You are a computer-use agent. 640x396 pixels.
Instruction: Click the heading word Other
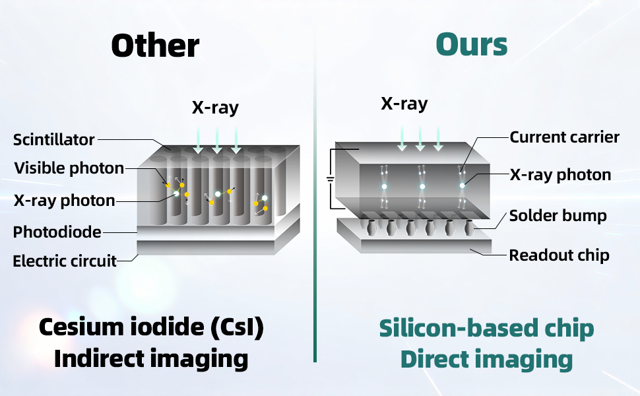click(x=155, y=46)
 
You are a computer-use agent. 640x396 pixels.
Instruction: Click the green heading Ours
click(x=472, y=44)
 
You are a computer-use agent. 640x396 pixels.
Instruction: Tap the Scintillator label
click(x=54, y=140)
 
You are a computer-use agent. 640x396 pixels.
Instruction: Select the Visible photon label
click(x=69, y=168)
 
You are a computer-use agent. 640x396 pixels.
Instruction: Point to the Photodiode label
click(x=57, y=232)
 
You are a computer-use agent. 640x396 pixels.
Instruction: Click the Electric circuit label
click(x=65, y=261)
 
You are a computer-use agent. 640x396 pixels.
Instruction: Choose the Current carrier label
click(x=565, y=137)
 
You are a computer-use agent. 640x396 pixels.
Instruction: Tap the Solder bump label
click(x=558, y=216)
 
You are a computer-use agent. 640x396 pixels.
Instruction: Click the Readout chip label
click(x=560, y=255)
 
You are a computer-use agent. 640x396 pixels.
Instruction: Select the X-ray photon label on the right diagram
click(x=560, y=175)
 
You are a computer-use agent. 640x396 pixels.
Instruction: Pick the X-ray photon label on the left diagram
click(x=65, y=201)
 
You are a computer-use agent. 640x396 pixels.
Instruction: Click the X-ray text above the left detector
click(x=216, y=108)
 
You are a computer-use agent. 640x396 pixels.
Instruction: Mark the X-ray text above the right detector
click(x=404, y=104)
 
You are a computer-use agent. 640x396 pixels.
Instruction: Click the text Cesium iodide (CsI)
click(x=152, y=327)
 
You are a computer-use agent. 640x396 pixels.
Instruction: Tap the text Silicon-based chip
click(x=486, y=328)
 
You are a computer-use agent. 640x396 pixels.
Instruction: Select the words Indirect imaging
click(x=151, y=359)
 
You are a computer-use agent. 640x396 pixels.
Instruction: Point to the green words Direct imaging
click(x=486, y=360)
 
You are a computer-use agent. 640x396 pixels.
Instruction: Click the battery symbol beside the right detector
click(x=331, y=179)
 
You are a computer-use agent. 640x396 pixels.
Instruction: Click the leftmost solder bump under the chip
click(x=371, y=228)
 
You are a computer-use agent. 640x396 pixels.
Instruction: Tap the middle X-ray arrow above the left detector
click(x=216, y=140)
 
